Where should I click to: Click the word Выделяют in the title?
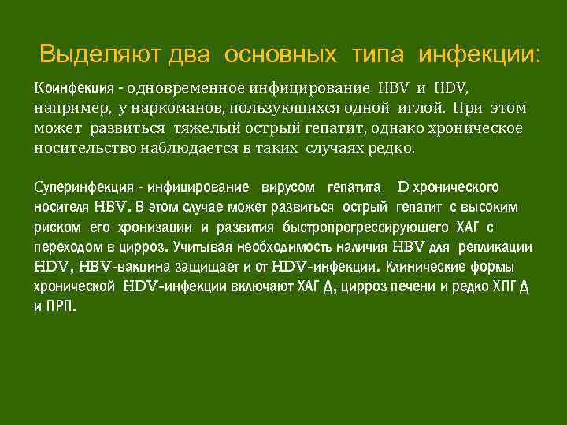click(x=101, y=55)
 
